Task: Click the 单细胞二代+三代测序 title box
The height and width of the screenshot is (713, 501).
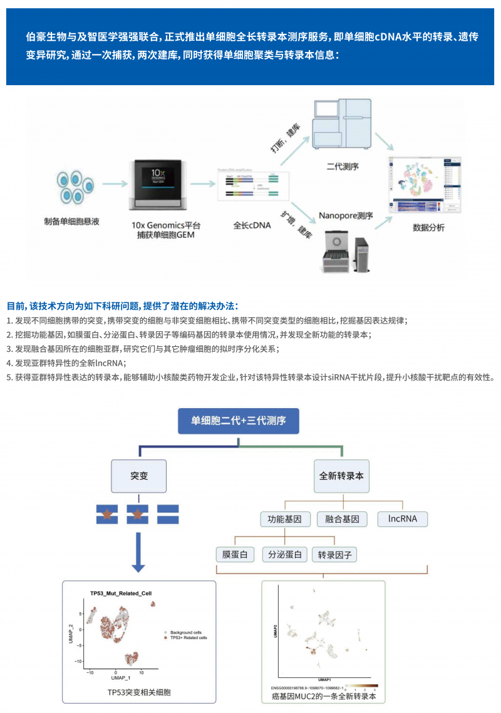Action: pyautogui.click(x=239, y=421)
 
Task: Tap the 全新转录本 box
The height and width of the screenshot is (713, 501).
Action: pyautogui.click(x=341, y=475)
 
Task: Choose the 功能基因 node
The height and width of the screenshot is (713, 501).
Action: pyautogui.click(x=285, y=519)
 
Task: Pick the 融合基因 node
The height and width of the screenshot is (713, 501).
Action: pyautogui.click(x=342, y=519)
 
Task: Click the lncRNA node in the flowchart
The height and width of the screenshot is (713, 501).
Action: pyautogui.click(x=402, y=519)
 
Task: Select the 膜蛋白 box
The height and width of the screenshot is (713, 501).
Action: pyautogui.click(x=235, y=555)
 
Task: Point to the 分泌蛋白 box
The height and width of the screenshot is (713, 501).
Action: pyautogui.click(x=285, y=555)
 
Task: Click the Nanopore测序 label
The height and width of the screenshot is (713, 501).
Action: pyautogui.click(x=346, y=216)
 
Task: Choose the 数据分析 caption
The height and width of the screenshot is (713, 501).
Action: pyautogui.click(x=428, y=228)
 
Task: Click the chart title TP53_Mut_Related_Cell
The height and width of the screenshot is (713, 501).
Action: pyautogui.click(x=120, y=593)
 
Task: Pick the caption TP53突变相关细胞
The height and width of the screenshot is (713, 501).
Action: pyautogui.click(x=139, y=692)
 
